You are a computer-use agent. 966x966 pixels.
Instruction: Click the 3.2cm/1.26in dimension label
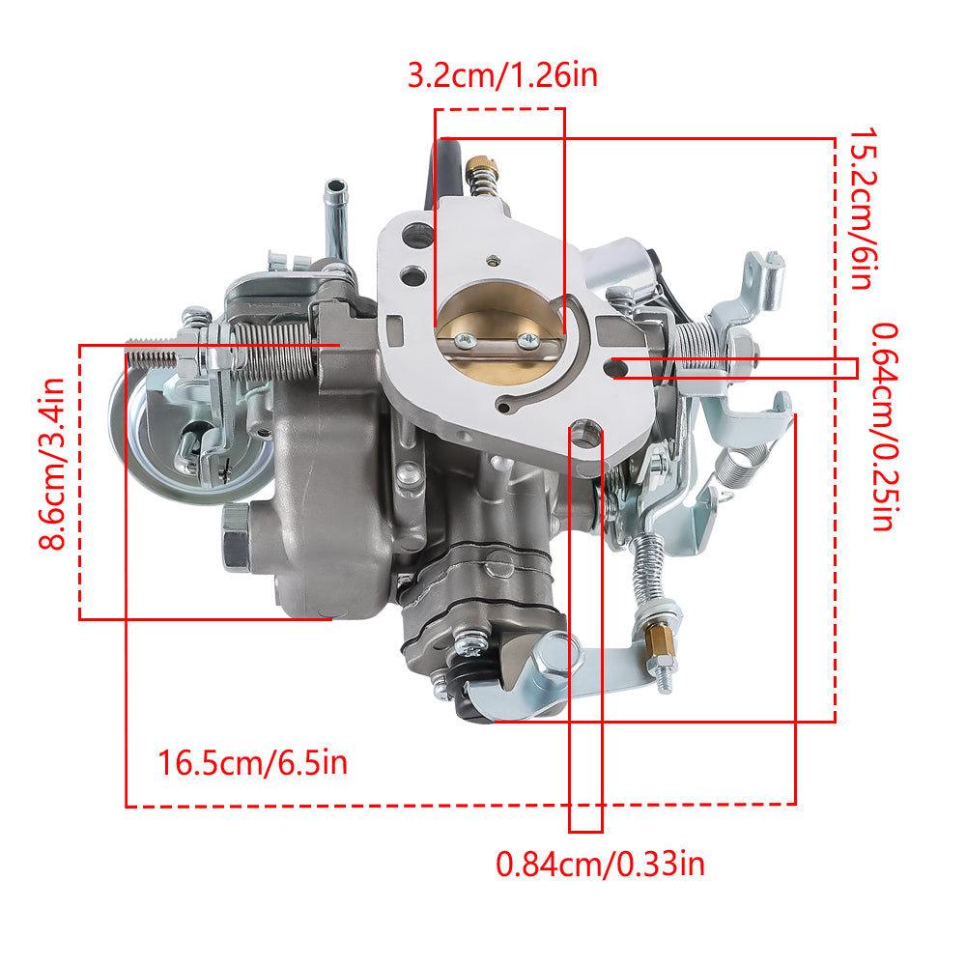coord(502,75)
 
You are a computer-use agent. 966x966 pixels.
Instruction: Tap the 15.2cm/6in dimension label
coord(863,209)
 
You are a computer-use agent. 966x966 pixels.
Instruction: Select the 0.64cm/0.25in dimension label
coord(885,426)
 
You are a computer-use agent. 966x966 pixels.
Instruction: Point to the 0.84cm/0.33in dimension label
coord(600,864)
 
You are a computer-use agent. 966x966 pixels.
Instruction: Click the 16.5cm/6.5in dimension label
coord(252,763)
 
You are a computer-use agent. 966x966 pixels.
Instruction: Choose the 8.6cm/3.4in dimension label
coord(52,464)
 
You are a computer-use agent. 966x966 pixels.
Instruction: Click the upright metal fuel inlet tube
coord(336,218)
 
